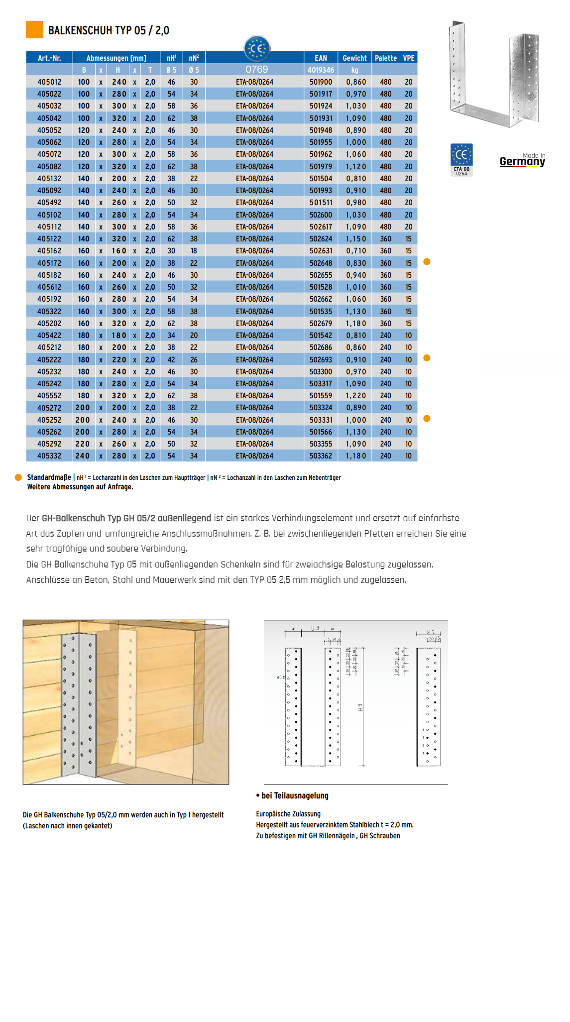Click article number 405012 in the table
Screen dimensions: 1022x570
pyautogui.click(x=49, y=82)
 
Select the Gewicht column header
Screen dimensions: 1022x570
pyautogui.click(x=354, y=58)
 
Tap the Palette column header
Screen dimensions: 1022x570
pyautogui.click(x=386, y=58)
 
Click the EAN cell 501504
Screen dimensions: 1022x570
pyautogui.click(x=321, y=179)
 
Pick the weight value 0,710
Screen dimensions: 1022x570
pyautogui.click(x=356, y=251)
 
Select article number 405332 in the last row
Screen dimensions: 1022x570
pyautogui.click(x=49, y=456)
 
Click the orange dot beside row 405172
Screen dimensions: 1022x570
pyautogui.click(x=427, y=262)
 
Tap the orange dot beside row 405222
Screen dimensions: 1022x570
pyautogui.click(x=427, y=358)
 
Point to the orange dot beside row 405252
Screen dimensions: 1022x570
pyautogui.click(x=427, y=419)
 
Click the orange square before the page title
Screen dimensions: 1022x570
pyautogui.click(x=34, y=30)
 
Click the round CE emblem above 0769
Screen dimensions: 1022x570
pyautogui.click(x=257, y=48)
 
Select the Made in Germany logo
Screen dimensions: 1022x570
pyautogui.click(x=522, y=160)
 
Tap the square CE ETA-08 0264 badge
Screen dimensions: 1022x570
pyautogui.click(x=461, y=159)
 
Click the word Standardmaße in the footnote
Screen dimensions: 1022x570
pyautogui.click(x=49, y=477)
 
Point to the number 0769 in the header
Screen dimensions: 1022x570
pyautogui.click(x=257, y=70)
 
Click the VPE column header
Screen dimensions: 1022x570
pyautogui.click(x=409, y=58)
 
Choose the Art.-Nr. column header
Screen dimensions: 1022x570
pyautogui.click(x=49, y=58)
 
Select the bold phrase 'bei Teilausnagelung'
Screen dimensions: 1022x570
pyautogui.click(x=295, y=795)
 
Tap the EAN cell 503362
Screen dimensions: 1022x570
pyautogui.click(x=321, y=456)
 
